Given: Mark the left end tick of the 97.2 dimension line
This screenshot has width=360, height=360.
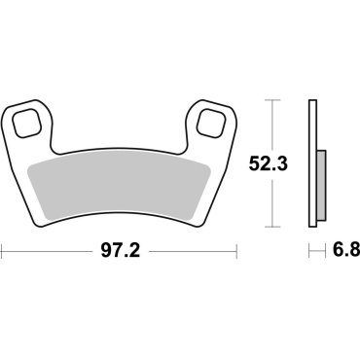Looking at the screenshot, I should (3, 251).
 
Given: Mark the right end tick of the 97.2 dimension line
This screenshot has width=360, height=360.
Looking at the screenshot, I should (237, 251).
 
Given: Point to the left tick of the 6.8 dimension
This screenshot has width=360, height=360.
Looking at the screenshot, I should (310, 251).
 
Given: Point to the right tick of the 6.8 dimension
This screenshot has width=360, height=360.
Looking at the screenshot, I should (324, 251).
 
